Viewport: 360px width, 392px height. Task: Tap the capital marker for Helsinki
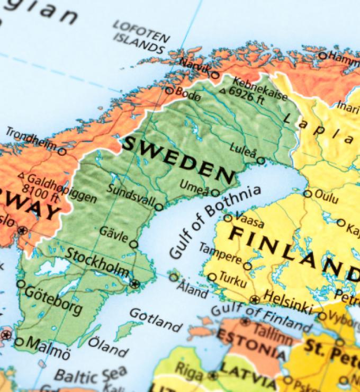pos(255,299)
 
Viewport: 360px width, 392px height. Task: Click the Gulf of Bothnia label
pos(214,222)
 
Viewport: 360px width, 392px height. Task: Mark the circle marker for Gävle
pos(134,244)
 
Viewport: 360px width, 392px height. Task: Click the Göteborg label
pos(53,300)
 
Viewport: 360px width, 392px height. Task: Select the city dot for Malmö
pos(19,342)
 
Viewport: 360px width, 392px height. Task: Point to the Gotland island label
pos(155,319)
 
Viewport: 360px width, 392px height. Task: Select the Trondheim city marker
pos(62,152)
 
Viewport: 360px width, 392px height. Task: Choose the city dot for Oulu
pos(308,193)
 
